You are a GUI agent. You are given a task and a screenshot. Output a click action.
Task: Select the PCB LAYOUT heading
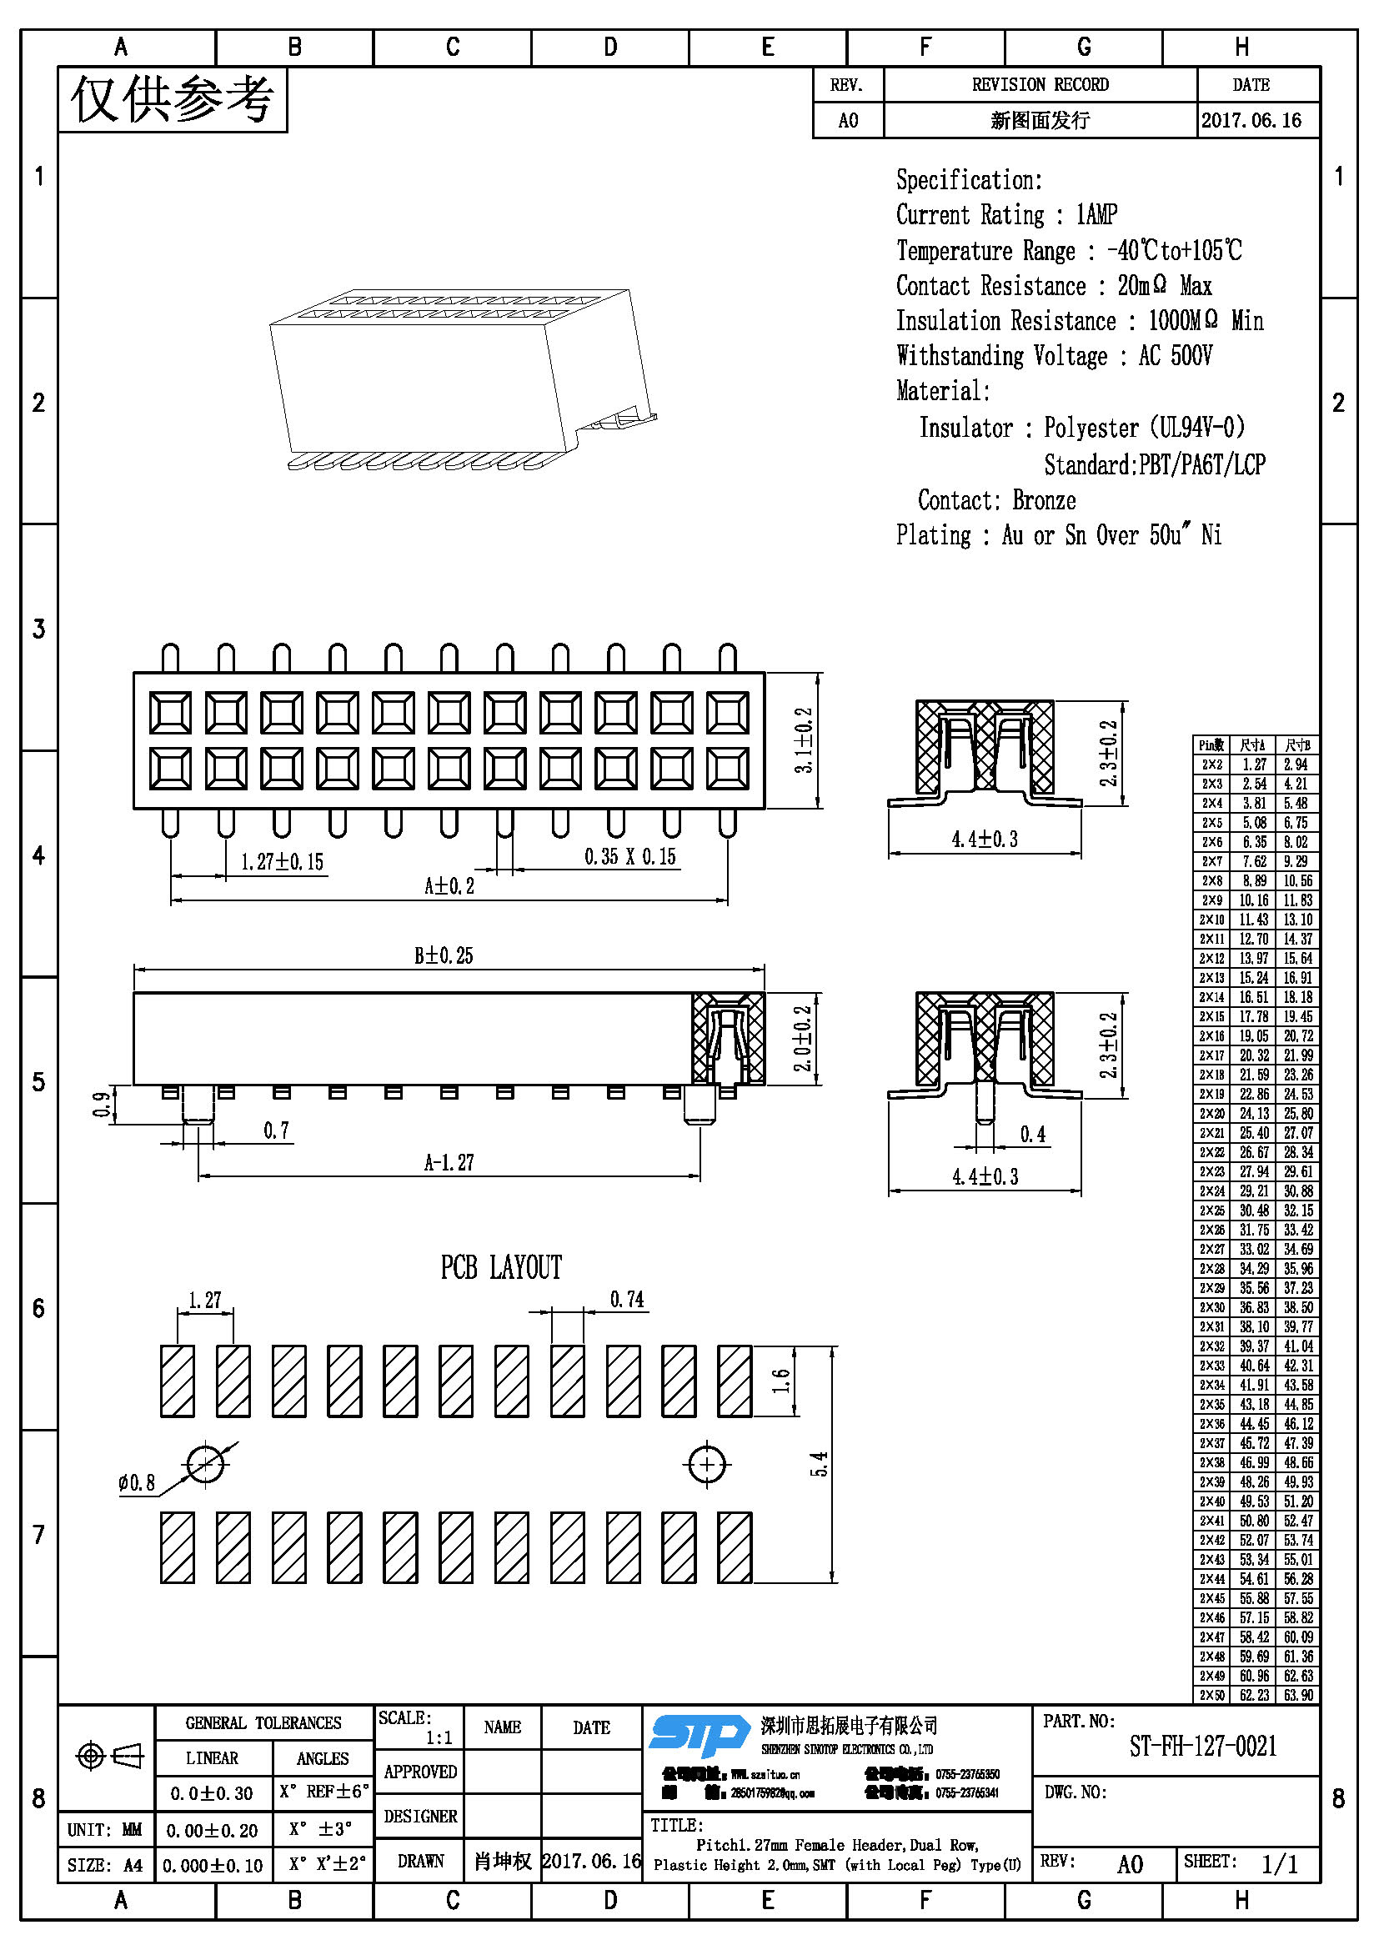(501, 1268)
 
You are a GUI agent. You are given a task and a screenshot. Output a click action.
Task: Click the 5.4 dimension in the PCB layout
(820, 1464)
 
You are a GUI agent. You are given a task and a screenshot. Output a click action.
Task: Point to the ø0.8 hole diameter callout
(137, 1483)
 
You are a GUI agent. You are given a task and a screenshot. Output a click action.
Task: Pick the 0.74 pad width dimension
(627, 1300)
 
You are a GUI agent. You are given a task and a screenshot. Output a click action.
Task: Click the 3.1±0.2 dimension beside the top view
(803, 739)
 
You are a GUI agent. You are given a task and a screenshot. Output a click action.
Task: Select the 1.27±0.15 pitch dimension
(282, 862)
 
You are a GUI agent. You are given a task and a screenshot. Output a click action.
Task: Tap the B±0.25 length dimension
(444, 955)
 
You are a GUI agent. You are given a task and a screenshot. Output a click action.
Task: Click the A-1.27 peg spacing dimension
(449, 1162)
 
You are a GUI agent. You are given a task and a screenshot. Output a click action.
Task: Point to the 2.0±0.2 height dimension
(803, 1038)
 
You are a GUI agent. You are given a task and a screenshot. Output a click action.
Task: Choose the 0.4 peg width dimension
(1032, 1135)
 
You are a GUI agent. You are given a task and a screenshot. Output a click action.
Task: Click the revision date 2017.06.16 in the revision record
(1251, 121)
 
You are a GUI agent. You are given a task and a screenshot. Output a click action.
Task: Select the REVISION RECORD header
(1041, 85)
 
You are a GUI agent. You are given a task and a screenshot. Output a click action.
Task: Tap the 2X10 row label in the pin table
(1211, 920)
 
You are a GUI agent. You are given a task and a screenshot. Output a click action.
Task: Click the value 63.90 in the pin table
(1297, 1695)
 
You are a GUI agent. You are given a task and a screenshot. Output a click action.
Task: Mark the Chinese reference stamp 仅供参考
(173, 99)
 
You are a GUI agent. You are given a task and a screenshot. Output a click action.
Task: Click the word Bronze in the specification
(1044, 500)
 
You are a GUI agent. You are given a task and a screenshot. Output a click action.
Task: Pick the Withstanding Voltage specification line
(1054, 355)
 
